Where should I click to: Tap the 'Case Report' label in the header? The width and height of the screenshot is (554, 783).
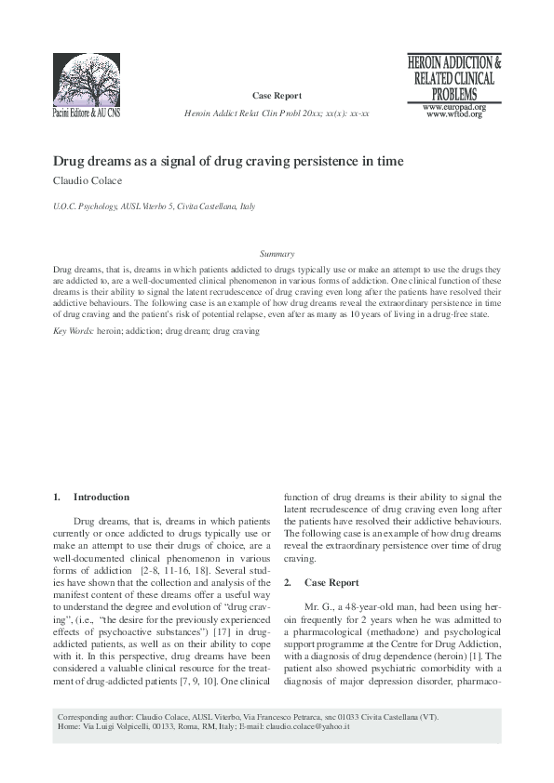click(x=277, y=96)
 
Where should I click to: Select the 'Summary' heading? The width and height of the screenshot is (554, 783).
click(x=277, y=253)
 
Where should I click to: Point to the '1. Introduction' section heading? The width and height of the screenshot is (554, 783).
click(x=91, y=498)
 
